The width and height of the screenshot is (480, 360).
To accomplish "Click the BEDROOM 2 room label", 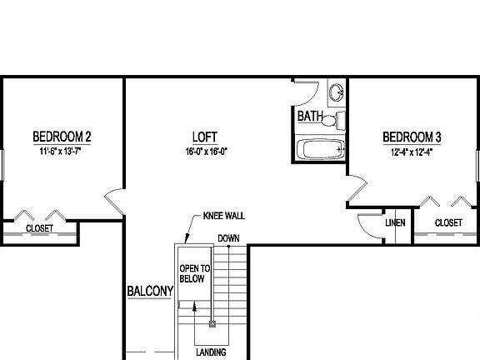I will pyautogui.click(x=62, y=137).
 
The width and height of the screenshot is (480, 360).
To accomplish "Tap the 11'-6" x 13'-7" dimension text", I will pyautogui.click(x=62, y=152).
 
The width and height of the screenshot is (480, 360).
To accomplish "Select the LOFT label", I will pyautogui.click(x=205, y=137).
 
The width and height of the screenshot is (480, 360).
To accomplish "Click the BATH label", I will pyautogui.click(x=310, y=117).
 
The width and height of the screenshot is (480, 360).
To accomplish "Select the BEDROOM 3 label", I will pyautogui.click(x=411, y=137).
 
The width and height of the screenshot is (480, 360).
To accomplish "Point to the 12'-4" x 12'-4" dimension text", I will pyautogui.click(x=411, y=152).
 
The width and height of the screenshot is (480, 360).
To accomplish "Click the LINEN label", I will pyautogui.click(x=395, y=222).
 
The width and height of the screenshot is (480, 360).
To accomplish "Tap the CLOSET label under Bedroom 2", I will pyautogui.click(x=39, y=227).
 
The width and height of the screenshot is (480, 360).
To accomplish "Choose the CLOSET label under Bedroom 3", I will pyautogui.click(x=448, y=222).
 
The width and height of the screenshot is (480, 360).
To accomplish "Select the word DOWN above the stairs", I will pyautogui.click(x=228, y=238).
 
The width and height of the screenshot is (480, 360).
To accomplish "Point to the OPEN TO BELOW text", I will pyautogui.click(x=193, y=274).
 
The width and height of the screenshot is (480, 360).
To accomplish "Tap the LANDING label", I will pyautogui.click(x=212, y=352).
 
